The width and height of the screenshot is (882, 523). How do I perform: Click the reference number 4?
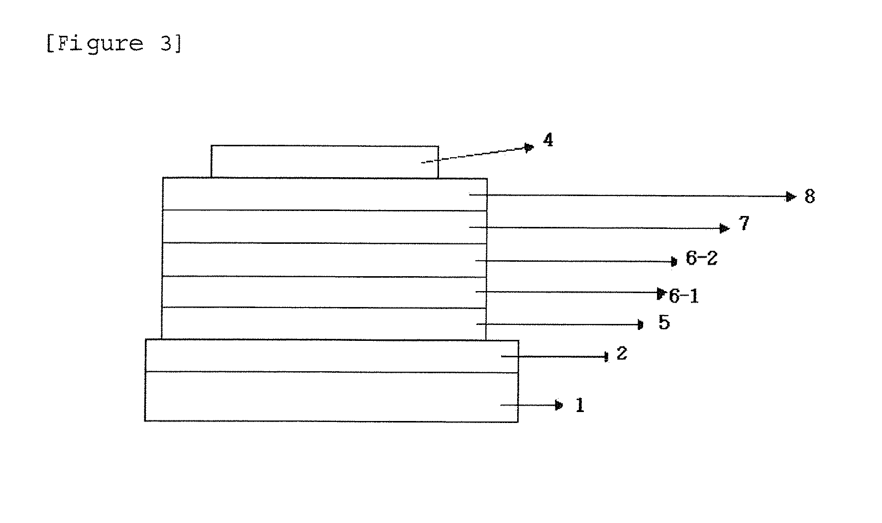click(x=548, y=141)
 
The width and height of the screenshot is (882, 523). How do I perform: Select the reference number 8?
click(x=810, y=197)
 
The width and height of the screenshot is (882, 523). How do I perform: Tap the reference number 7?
click(x=744, y=223)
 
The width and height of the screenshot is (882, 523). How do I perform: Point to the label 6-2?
click(x=701, y=258)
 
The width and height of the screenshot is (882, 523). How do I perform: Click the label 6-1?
click(x=684, y=297)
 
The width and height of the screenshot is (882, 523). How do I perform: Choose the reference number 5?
click(x=664, y=323)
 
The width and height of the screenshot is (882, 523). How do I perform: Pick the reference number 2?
click(x=622, y=354)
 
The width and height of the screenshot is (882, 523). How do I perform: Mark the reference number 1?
click(x=579, y=406)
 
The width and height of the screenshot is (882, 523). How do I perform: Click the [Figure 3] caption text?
click(x=114, y=44)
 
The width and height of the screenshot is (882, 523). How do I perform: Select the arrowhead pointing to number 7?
click(x=725, y=228)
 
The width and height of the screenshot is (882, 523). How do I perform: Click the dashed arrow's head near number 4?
click(x=529, y=147)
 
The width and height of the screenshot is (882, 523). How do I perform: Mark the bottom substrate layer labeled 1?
click(x=331, y=397)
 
